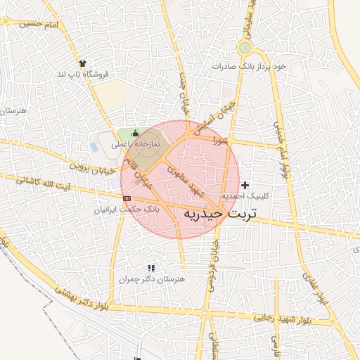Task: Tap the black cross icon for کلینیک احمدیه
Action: coord(245,185)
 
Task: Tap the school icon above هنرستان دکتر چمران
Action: coord(150,268)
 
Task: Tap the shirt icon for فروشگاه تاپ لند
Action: coord(84,63)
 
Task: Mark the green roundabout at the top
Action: coord(245,48)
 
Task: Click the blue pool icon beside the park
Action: coord(94,147)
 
